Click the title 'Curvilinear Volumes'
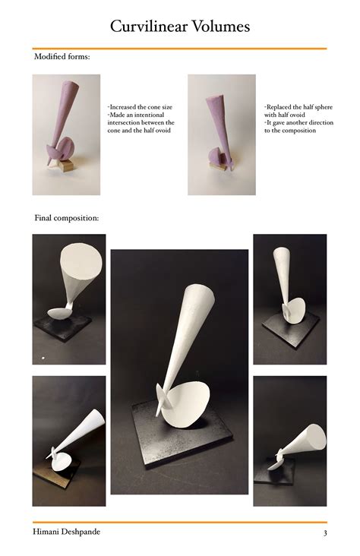[x=180, y=27]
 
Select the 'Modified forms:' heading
[x=62, y=57]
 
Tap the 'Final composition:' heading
[x=66, y=218]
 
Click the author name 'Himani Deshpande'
[x=66, y=532]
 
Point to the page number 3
[x=324, y=532]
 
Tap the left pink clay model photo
[x=66, y=134]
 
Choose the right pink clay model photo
[x=221, y=134]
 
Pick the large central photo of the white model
[x=179, y=371]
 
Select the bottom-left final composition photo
[x=69, y=441]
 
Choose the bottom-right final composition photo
[x=289, y=441]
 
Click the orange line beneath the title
[x=180, y=49]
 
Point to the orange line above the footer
[x=180, y=522]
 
